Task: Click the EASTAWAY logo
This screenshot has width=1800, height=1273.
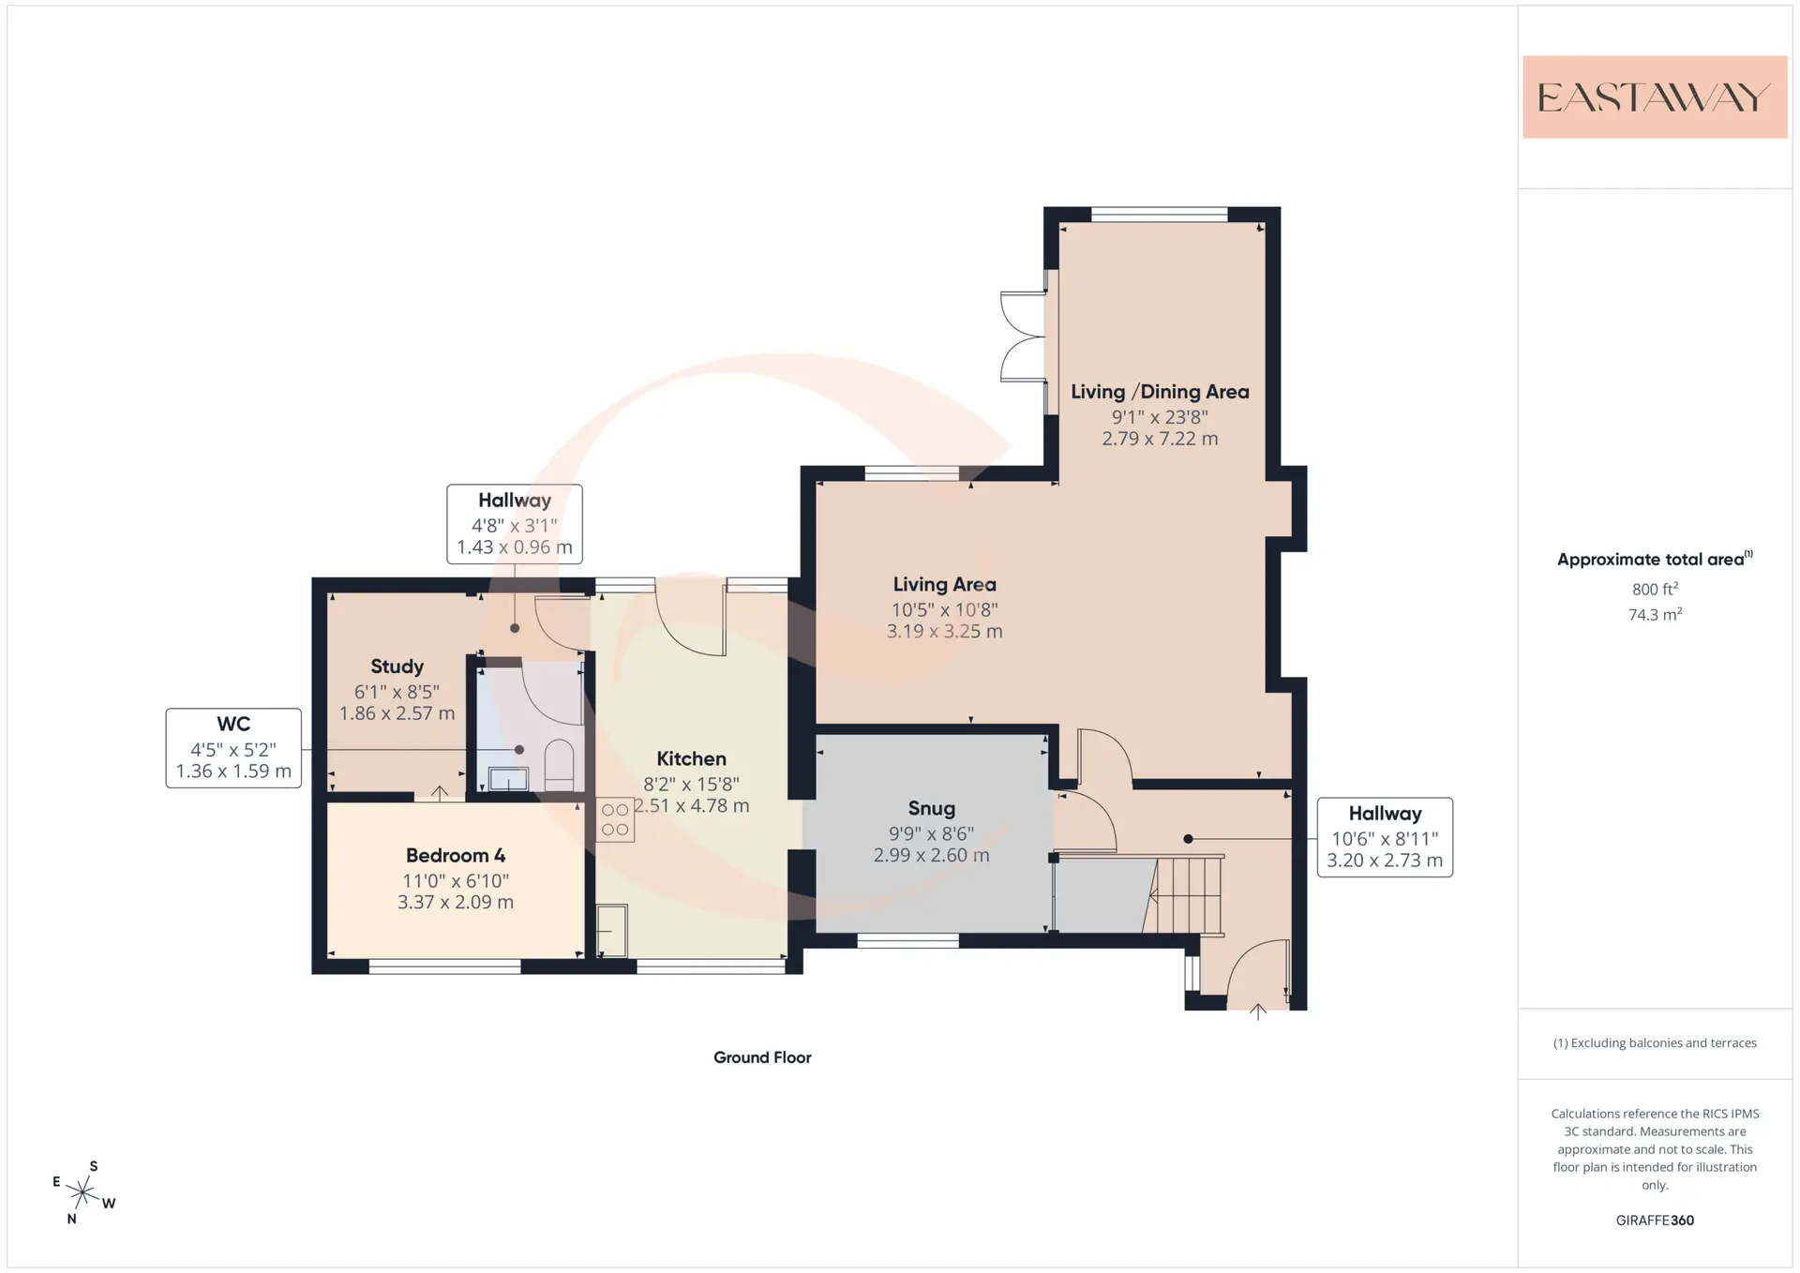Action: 1655,97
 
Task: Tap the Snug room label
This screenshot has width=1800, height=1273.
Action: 931,808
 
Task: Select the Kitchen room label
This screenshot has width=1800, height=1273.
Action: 691,758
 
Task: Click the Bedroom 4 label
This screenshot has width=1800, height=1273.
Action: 456,855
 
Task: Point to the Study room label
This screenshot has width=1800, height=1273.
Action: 397,666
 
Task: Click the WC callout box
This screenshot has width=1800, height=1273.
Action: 233,748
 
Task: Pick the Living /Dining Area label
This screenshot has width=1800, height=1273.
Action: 1160,392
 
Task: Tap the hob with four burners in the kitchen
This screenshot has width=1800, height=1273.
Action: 615,819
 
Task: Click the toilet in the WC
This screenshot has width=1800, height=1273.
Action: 559,765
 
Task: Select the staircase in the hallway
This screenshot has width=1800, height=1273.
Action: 1186,894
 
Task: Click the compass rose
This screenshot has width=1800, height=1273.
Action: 83,1192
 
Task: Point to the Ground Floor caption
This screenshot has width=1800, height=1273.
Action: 762,1057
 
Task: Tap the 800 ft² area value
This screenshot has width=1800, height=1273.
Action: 1655,589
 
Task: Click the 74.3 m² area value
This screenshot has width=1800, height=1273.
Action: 1655,614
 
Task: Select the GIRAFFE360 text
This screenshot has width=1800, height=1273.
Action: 1655,1221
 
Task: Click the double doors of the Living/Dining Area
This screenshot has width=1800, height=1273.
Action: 1024,337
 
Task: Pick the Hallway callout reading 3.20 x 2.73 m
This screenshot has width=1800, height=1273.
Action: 1385,837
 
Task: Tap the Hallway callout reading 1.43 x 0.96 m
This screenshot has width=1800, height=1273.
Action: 515,524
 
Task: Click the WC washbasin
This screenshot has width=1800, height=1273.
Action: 508,779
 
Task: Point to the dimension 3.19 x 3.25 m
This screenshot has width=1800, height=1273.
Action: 944,632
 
